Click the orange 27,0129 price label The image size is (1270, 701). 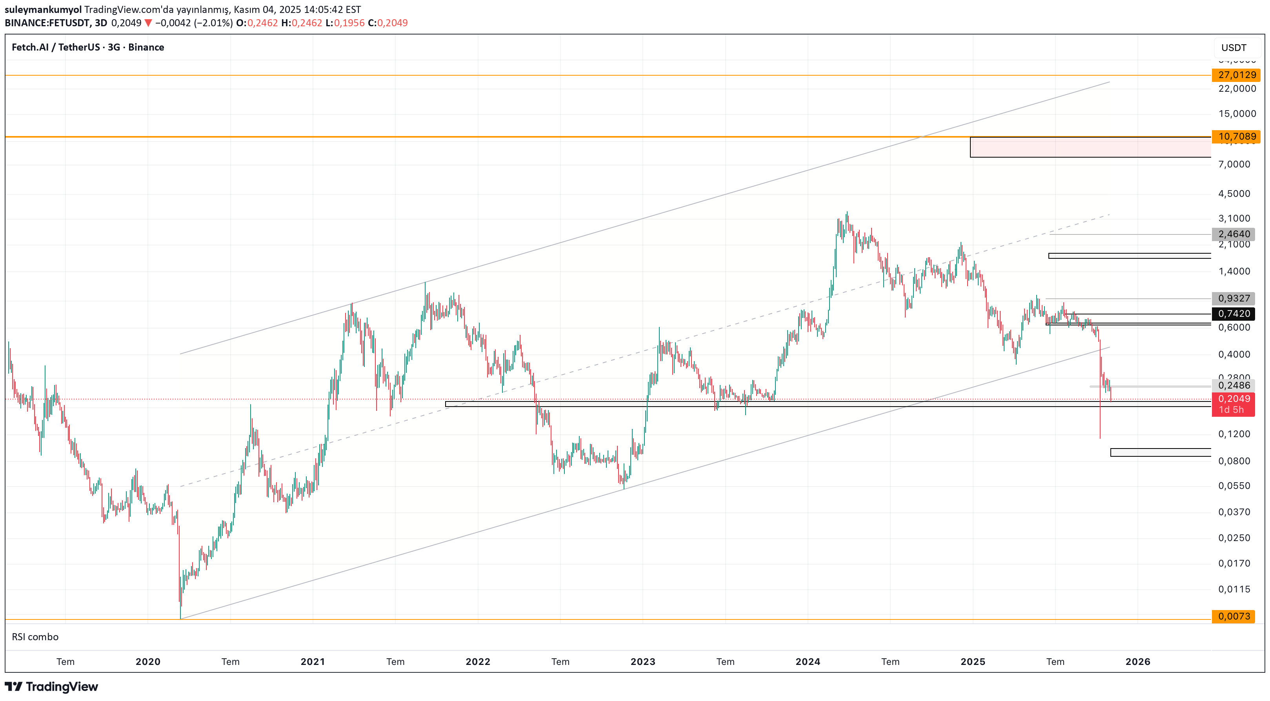[1237, 75]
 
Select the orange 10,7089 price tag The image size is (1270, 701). [1237, 136]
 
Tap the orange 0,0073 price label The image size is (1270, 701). [1234, 616]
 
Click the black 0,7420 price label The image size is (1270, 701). [1234, 314]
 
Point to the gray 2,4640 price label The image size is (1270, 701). [1234, 234]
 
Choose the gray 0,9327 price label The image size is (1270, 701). [1234, 298]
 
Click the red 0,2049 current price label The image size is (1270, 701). [1234, 399]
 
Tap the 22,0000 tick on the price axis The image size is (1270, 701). [1237, 89]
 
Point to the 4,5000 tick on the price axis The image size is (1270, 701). [1234, 194]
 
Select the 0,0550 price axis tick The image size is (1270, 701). [1234, 486]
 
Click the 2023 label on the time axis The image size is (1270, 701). [642, 661]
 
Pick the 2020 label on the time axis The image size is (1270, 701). [148, 661]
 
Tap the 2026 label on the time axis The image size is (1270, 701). [1137, 661]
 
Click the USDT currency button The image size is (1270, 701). [1234, 48]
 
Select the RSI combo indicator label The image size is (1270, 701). [35, 637]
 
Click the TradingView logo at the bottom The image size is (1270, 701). [51, 687]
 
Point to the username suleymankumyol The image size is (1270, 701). [43, 9]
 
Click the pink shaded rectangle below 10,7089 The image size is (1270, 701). [1090, 147]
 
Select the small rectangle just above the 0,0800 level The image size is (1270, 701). [1160, 452]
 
